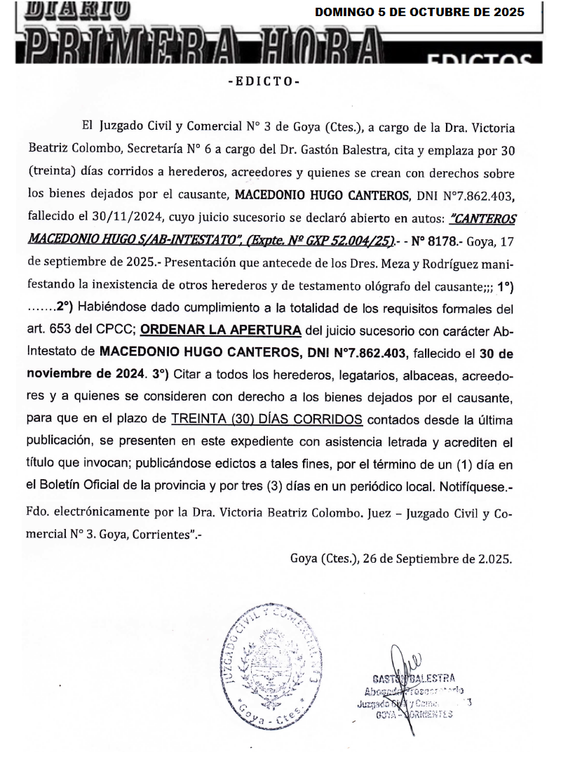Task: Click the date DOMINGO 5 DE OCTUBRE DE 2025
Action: (419, 12)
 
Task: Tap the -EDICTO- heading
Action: (264, 81)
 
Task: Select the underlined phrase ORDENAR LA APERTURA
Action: (222, 330)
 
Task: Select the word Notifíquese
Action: (478, 485)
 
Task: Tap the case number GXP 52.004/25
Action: (348, 239)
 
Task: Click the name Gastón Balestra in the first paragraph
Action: (338, 151)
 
